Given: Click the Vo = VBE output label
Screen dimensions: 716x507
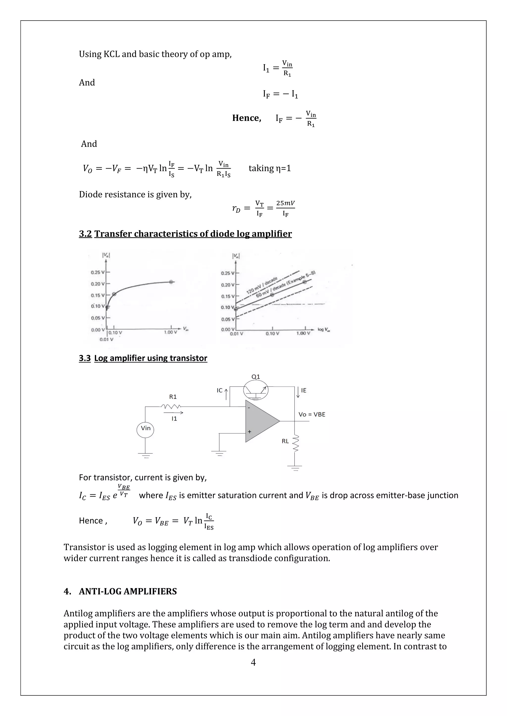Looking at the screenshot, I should coord(312,414).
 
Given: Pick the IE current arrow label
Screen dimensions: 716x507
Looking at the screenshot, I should coord(304,390).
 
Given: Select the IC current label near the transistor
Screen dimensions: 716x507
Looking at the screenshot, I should coord(220,390).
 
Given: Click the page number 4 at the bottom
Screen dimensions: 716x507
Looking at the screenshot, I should coord(253,662).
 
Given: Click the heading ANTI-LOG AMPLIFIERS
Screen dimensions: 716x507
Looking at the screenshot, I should coord(128,591).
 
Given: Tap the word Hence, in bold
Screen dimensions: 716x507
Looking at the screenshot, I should coord(247,118).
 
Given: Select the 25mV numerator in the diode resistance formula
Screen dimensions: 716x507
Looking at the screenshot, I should coord(285,203).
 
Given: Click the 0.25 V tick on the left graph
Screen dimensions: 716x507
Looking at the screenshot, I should coord(98,272).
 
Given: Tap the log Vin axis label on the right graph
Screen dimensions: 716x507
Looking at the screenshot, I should coord(324,330).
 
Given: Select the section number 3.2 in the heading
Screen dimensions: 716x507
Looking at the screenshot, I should coord(85,234).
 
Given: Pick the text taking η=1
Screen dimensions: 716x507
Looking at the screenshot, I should coord(269,168).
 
